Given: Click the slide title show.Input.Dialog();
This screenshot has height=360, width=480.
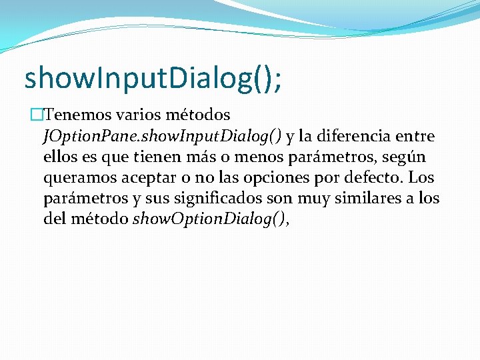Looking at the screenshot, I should pos(153,78).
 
